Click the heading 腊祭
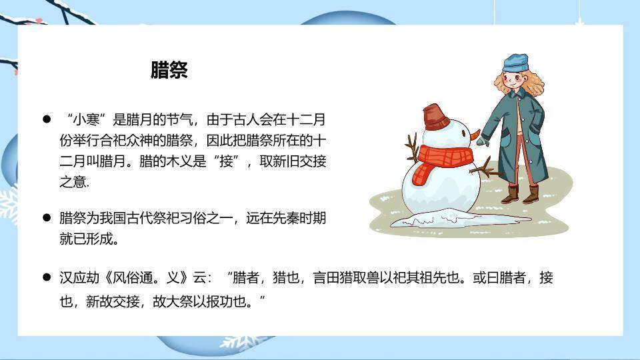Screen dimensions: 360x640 tap(169, 71)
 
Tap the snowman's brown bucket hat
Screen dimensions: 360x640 tap(437, 117)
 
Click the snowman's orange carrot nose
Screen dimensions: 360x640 tap(475, 135)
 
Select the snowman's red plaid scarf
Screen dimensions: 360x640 tap(440, 161)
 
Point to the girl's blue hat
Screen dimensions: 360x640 tap(515, 63)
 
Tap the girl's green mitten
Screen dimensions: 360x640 tap(483, 141)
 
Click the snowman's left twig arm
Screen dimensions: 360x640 tap(411, 147)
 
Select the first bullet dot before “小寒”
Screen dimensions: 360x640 tap(47, 119)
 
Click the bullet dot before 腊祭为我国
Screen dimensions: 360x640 tap(47, 217)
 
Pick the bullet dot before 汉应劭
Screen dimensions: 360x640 tap(47, 277)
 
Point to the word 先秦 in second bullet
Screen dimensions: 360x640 tap(279, 218)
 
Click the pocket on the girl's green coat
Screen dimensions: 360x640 tap(505, 139)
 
